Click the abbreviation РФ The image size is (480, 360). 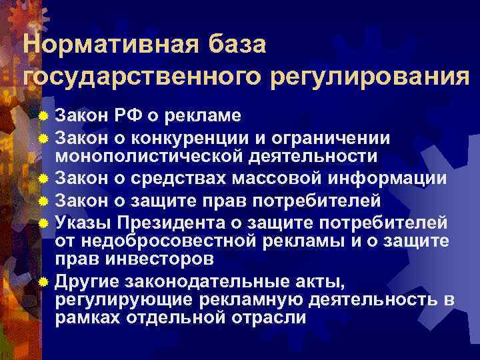(x=152, y=115)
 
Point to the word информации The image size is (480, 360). (x=389, y=179)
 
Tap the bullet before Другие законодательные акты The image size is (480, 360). (x=43, y=280)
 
